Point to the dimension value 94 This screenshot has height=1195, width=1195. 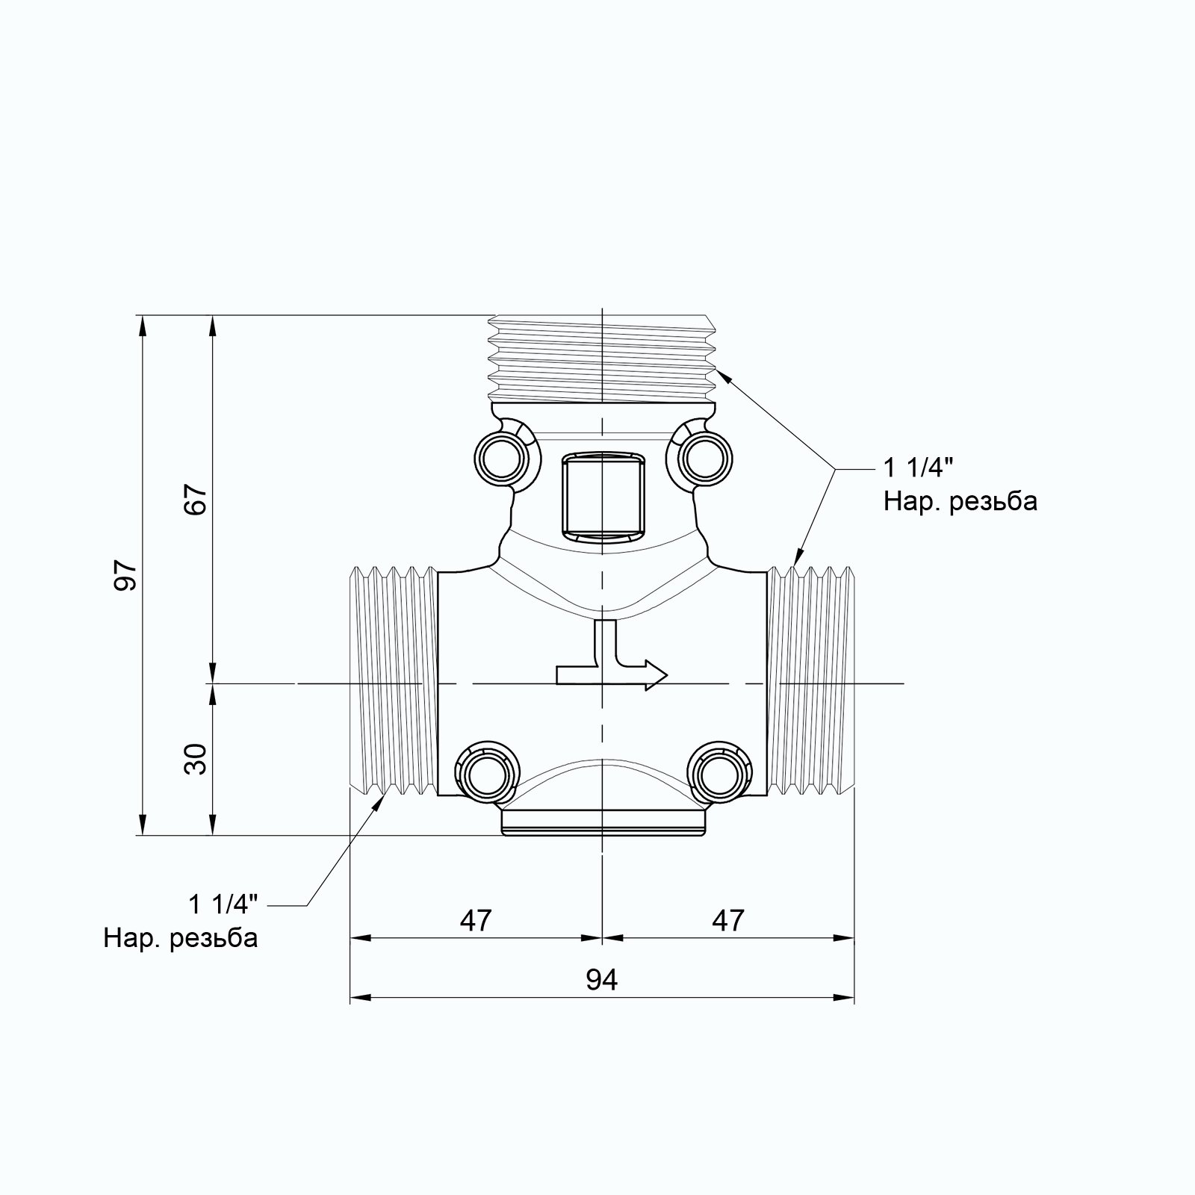click(601, 979)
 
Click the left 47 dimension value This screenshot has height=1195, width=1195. click(476, 920)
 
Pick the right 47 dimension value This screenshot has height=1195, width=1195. click(727, 920)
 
